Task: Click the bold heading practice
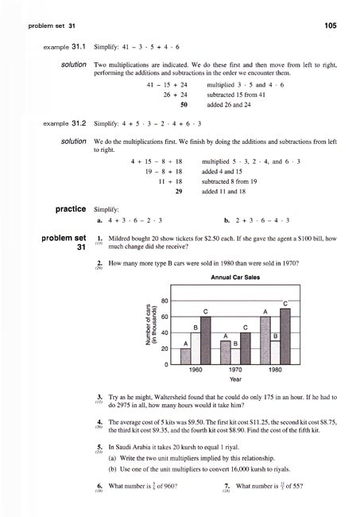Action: tap(70, 209)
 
